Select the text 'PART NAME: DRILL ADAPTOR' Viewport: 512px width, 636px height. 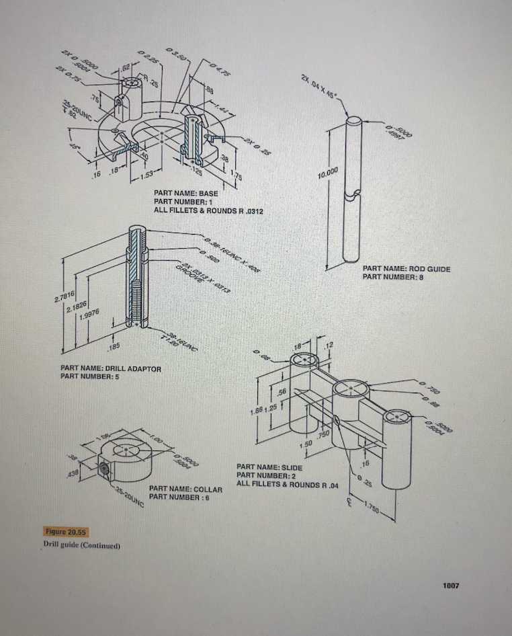tap(110, 369)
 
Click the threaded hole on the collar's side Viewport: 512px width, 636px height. tap(103, 467)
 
